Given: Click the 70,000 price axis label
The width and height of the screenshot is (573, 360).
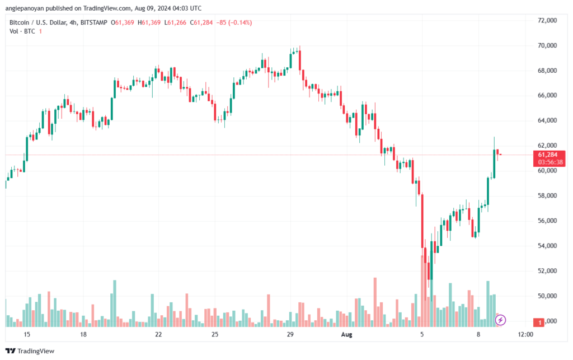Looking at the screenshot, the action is (547, 45).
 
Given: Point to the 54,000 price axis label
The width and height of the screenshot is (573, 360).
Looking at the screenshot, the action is (547, 246).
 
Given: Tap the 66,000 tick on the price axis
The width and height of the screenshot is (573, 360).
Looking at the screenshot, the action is (547, 95).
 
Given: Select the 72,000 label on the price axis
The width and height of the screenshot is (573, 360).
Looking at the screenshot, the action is (547, 21).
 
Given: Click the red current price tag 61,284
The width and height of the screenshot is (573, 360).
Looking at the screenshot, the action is (548, 155).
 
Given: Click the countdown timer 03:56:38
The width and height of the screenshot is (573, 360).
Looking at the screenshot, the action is (551, 162).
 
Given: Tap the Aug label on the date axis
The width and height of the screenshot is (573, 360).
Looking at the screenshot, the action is (346, 334).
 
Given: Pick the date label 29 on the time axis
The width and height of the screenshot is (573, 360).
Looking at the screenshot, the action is (290, 334).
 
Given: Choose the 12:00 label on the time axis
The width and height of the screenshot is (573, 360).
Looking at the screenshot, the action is (525, 334).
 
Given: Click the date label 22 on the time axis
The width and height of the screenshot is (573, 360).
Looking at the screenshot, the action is (158, 334).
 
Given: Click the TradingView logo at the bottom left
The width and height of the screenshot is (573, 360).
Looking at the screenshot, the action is (30, 351).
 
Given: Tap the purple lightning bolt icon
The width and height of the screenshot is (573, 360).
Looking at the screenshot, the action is (500, 320).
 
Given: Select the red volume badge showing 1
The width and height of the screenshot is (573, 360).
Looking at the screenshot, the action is (539, 322).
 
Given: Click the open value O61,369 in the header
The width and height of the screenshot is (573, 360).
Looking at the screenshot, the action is (123, 22).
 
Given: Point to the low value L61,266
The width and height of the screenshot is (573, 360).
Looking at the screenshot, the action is (175, 22).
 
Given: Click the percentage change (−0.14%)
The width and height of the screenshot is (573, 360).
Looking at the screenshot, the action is (240, 22).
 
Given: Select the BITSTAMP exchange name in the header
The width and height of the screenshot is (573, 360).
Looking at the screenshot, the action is (93, 22).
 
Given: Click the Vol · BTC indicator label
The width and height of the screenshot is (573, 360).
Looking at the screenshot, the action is (22, 31).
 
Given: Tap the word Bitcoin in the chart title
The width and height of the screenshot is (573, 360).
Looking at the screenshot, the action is (19, 22).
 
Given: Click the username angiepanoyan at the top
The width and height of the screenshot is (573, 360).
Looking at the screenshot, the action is (25, 8).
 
